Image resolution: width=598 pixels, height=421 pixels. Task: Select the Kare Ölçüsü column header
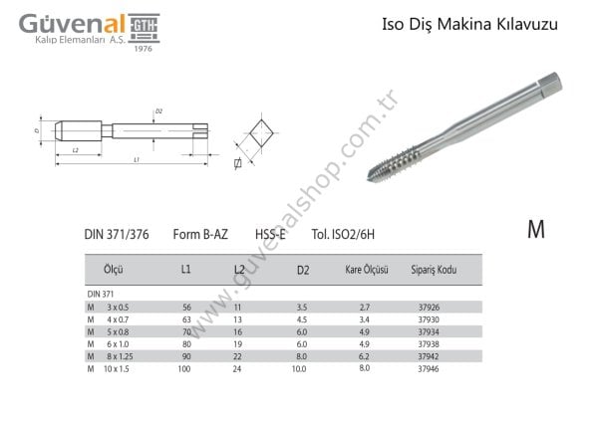(366, 270)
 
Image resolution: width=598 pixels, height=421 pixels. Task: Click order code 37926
(432, 309)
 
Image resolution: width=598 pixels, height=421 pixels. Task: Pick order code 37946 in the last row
(432, 368)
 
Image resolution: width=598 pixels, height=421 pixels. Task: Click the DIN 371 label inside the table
(100, 295)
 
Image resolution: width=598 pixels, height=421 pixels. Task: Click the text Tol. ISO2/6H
(349, 234)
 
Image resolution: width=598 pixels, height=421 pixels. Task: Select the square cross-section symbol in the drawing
(261, 132)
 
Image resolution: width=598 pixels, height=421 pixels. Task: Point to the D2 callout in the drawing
(158, 110)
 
